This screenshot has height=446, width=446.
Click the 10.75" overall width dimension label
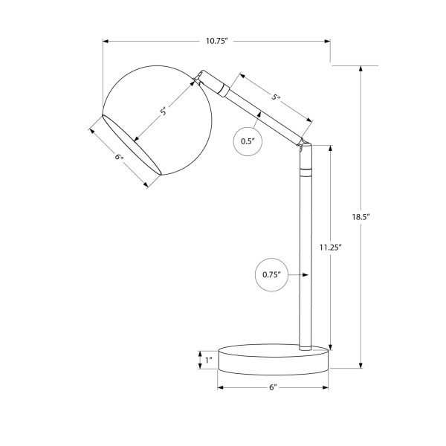tap(217, 41)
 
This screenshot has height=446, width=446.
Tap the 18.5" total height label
tap(361, 217)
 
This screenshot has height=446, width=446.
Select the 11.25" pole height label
tap(330, 248)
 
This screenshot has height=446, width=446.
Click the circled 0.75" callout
tap(271, 275)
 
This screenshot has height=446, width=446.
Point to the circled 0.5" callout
tap(248, 141)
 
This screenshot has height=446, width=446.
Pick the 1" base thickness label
tap(209, 360)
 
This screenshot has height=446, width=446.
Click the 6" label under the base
tap(273, 387)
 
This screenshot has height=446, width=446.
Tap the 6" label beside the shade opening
tap(120, 157)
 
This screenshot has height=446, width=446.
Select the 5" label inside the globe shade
tap(163, 111)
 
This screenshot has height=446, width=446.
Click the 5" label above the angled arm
tap(276, 97)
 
